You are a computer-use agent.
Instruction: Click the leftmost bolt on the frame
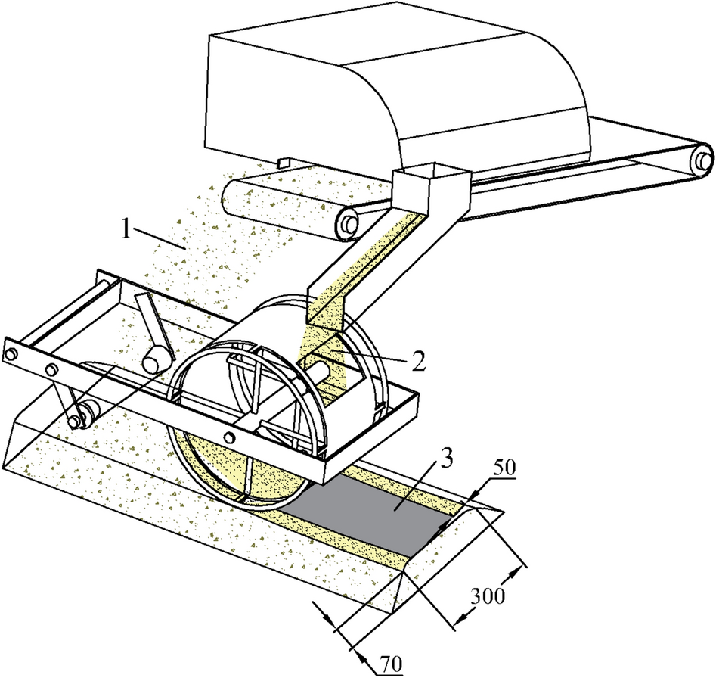click(11, 354)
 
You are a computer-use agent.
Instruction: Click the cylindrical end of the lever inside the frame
click(157, 360)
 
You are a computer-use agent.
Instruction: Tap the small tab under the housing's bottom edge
click(284, 162)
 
